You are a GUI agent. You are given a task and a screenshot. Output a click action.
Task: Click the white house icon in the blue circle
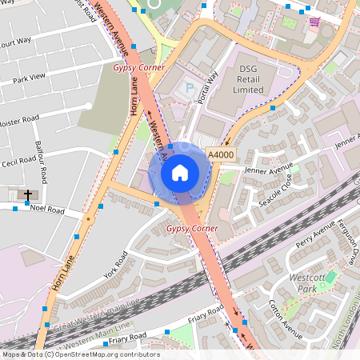(180, 172)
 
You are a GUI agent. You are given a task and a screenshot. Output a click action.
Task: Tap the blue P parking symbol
(190, 87)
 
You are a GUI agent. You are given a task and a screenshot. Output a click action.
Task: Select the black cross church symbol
(28, 194)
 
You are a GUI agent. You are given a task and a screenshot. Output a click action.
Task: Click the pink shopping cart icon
(314, 22)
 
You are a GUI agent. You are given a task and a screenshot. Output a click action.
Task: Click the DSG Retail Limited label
(251, 79)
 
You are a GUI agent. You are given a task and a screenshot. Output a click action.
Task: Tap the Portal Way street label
(210, 89)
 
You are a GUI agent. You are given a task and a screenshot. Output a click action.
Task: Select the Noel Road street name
(46, 210)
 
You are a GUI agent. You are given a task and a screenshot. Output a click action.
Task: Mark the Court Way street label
(16, 42)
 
